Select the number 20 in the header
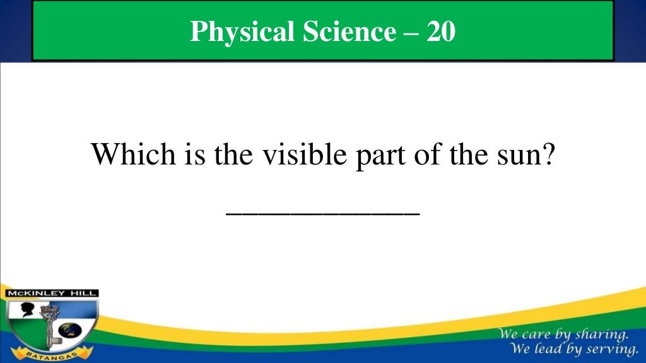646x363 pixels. tap(440, 32)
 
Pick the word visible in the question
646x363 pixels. tap(288, 154)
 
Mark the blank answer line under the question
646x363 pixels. tap(322, 214)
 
